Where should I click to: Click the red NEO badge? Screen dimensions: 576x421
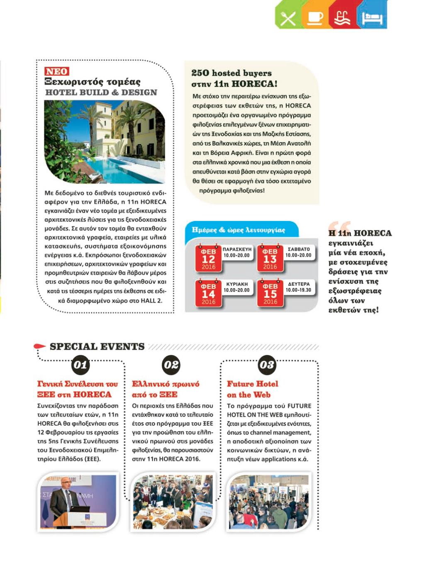pyautogui.click(x=56, y=71)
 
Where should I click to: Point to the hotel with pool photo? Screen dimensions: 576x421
pyautogui.click(x=104, y=141)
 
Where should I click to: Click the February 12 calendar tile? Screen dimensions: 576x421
pyautogui.click(x=208, y=258)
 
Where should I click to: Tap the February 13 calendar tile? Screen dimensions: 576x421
pyautogui.click(x=270, y=258)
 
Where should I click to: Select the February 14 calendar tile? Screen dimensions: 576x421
pyautogui.click(x=208, y=293)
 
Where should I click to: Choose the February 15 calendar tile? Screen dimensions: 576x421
pyautogui.click(x=270, y=293)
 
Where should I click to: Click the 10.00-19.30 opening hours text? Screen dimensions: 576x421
pyautogui.click(x=298, y=290)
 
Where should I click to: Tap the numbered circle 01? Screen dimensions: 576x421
pyautogui.click(x=80, y=365)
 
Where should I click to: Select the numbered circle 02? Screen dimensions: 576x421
pyautogui.click(x=171, y=365)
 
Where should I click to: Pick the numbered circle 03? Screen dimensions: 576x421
pyautogui.click(x=267, y=365)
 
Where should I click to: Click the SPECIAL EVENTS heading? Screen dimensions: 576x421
pyautogui.click(x=97, y=347)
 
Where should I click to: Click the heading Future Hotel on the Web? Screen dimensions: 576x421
pyautogui.click(x=252, y=389)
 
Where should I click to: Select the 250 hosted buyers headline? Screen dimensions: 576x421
pyautogui.click(x=234, y=78)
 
